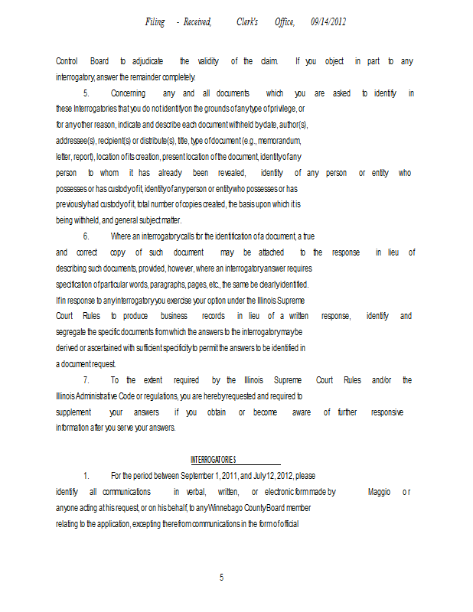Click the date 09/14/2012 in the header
coord(328,22)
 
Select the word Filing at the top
coord(155,22)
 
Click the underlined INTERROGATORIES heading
coord(214,460)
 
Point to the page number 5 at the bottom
coord(221,578)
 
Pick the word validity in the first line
coord(208,61)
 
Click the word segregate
coord(74,332)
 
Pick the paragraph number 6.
coord(86,237)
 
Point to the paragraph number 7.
coord(86,380)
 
